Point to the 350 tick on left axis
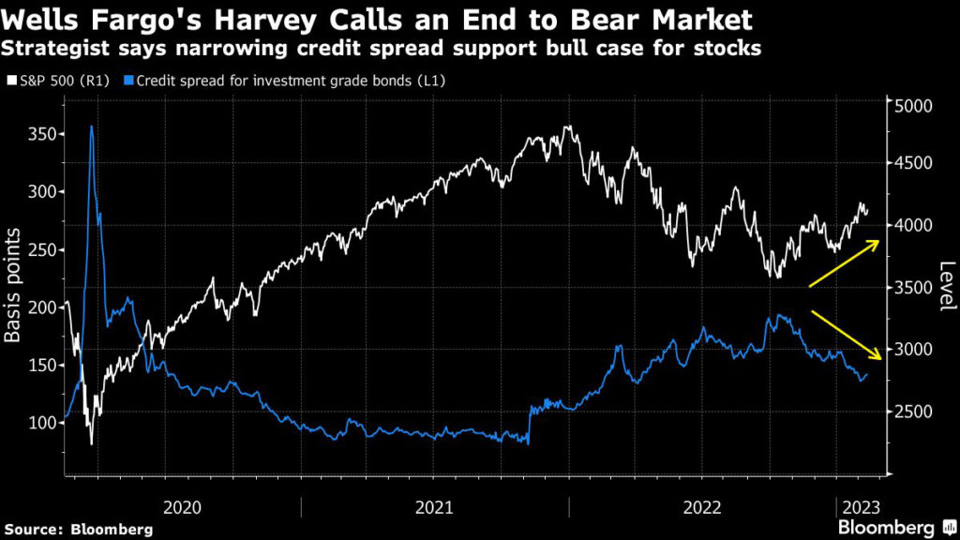[x=41, y=134]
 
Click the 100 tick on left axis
[x=41, y=423]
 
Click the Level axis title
[x=946, y=286]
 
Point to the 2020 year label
[x=182, y=507]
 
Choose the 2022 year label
[x=703, y=507]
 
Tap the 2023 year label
[x=859, y=507]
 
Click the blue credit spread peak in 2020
[x=91, y=127]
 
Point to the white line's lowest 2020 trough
[x=91, y=442]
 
